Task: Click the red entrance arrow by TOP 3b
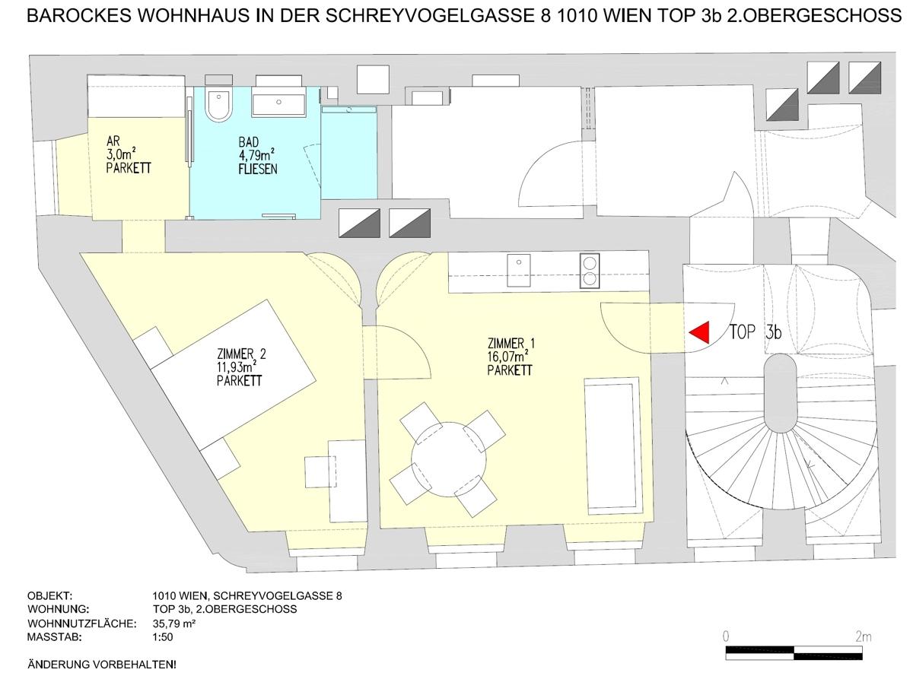(700, 332)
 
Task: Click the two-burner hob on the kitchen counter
(590, 271)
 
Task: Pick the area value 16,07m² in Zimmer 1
(509, 355)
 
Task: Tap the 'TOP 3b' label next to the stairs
(756, 332)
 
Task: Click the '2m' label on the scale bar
(863, 636)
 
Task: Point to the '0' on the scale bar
(727, 636)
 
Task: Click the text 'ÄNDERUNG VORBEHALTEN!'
(101, 665)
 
